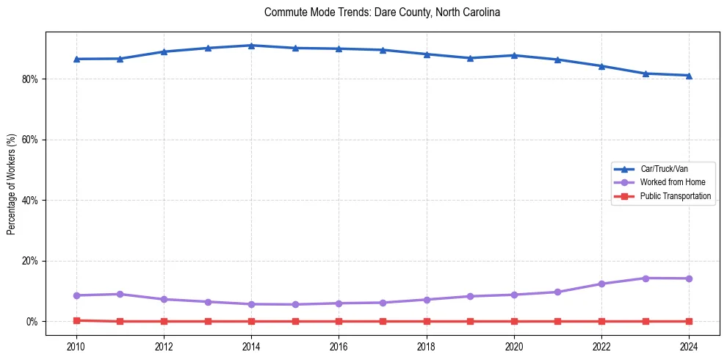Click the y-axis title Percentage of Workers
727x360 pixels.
11,184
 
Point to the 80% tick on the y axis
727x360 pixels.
29,79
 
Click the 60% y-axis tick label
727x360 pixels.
29,140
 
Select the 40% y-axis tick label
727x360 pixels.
29,200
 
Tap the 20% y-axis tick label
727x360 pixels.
29,261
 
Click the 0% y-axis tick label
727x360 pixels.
32,322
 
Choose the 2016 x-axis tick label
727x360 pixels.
339,346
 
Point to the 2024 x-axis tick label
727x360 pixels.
689,346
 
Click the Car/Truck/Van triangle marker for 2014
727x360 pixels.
251,46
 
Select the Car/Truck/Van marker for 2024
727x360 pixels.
689,75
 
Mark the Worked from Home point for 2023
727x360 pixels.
645,278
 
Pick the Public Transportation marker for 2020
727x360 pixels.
514,321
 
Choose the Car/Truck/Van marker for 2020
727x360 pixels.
514,55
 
